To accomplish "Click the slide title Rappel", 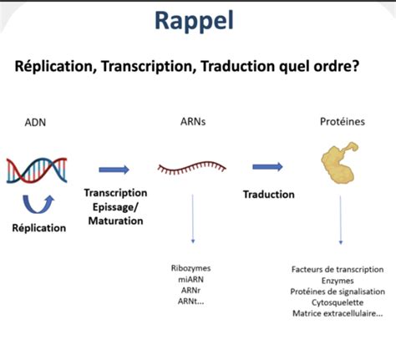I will point(198,21).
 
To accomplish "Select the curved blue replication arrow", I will point(36,203).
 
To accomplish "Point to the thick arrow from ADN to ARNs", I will point(114,170).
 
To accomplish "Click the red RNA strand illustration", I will point(191,169).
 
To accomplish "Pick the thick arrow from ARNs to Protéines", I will point(267,167).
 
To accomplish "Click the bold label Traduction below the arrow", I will point(268,194).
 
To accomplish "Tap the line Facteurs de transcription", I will point(338,269).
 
